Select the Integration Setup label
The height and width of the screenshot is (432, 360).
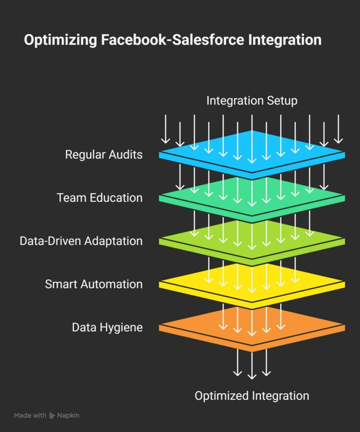click(x=252, y=101)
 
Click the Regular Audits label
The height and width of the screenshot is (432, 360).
click(x=103, y=154)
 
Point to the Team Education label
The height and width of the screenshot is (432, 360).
click(x=100, y=197)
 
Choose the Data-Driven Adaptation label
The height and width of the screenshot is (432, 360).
click(x=81, y=241)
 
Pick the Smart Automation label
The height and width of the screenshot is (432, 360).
click(x=94, y=284)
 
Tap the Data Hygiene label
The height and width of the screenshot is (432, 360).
click(x=107, y=327)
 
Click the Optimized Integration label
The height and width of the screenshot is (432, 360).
click(x=252, y=396)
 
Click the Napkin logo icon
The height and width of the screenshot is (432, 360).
click(x=52, y=416)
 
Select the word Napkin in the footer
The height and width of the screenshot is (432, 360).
click(x=68, y=416)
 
